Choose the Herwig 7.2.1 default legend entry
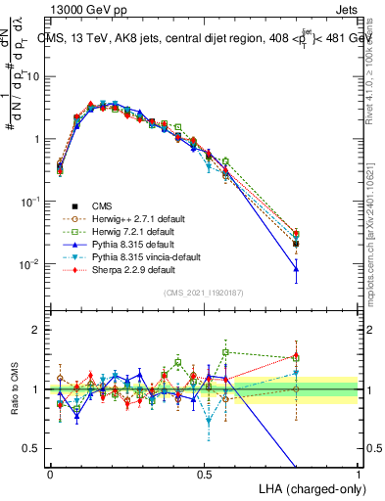[133, 231]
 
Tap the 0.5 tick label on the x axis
[205, 474]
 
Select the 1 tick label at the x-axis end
[360, 474]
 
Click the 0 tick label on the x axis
[50, 474]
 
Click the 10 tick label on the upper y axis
[32, 76]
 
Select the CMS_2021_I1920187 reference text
[205, 294]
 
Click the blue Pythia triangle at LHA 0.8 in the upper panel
[297, 268]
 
